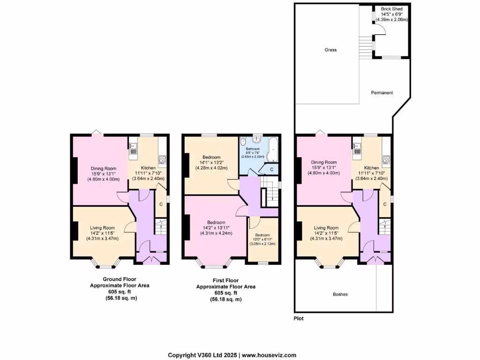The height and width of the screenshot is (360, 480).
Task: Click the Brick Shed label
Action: click(x=391, y=9)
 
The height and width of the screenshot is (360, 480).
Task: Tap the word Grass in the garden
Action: click(x=330, y=50)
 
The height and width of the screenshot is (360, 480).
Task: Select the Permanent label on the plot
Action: click(x=382, y=93)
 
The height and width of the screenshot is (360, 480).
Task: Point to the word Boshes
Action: click(x=340, y=294)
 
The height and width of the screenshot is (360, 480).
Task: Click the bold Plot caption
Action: click(x=299, y=319)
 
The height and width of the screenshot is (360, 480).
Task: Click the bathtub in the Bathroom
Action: click(x=274, y=149)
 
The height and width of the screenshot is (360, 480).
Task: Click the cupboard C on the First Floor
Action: click(x=272, y=169)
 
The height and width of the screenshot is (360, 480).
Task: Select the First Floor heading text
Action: click(x=225, y=280)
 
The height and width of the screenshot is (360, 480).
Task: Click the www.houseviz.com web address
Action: click(x=269, y=355)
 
